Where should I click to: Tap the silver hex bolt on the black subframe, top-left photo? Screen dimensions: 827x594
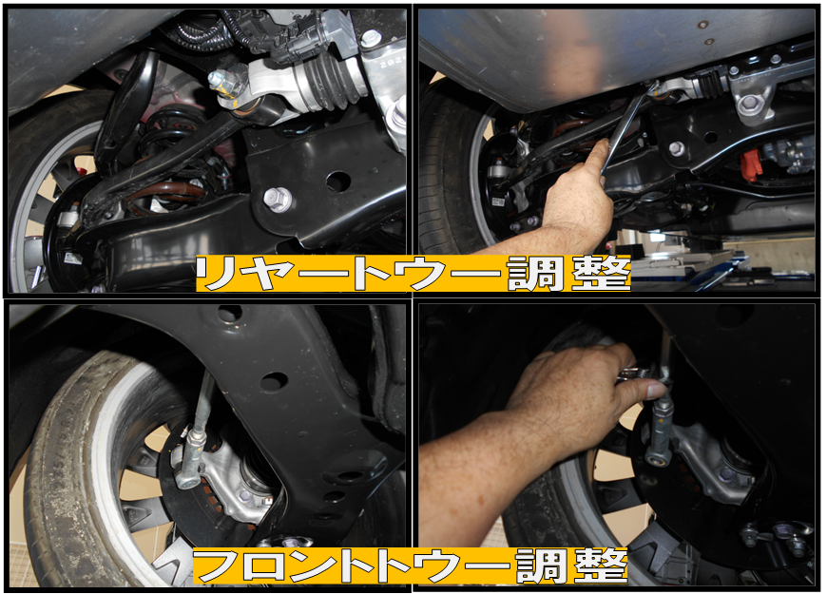coord(277,199)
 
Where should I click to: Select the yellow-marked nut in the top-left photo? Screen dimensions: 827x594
coord(225,85)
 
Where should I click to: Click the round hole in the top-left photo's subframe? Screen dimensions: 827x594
coord(338,182)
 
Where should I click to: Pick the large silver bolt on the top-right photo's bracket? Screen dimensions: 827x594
coord(749,105)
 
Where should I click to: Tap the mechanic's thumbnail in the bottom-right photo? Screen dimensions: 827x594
coord(657,391)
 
